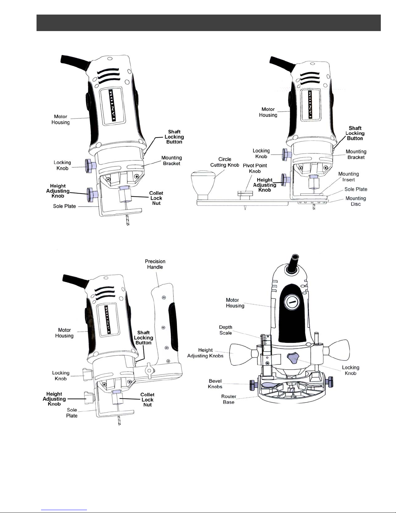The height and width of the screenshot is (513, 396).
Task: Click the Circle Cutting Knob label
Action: point(225,162)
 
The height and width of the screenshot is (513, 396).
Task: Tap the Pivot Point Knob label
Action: point(255,168)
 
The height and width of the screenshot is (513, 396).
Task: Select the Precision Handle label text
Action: point(155,264)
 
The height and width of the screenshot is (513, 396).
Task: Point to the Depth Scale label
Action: point(226,330)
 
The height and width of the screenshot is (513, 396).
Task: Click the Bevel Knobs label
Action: point(215,384)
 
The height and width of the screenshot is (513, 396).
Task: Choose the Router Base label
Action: point(229,399)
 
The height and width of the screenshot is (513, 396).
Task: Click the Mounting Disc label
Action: point(356,201)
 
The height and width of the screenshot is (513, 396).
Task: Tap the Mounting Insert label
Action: point(348,177)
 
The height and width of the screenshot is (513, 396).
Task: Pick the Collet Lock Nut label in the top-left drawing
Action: point(156,198)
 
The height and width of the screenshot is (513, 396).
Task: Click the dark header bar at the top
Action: point(209,23)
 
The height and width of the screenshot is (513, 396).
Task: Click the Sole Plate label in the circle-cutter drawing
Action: point(356,189)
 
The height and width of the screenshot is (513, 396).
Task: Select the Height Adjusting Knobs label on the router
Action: point(205,353)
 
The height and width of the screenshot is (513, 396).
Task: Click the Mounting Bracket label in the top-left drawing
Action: point(172,161)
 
